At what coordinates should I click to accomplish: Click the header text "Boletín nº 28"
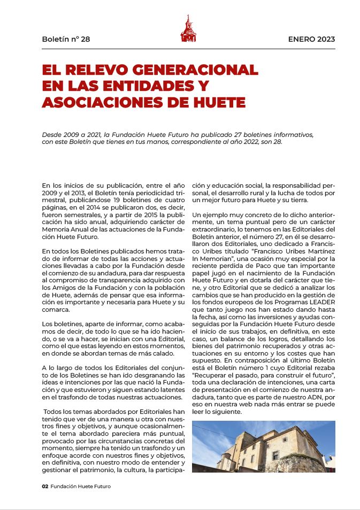coord(66,39)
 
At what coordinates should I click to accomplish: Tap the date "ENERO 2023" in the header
coord(311,39)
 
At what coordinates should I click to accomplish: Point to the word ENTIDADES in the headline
coord(149,86)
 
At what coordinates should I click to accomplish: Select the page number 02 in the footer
coord(45,486)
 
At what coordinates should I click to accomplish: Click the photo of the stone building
coord(263,446)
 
